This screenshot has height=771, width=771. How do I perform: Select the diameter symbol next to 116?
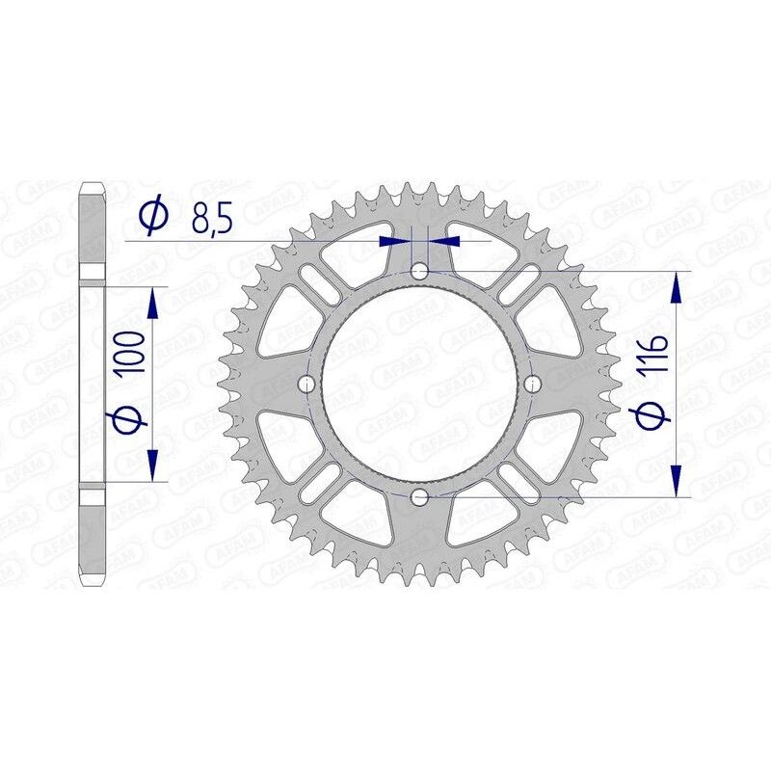click(652, 416)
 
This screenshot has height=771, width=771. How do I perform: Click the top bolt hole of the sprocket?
click(419, 273)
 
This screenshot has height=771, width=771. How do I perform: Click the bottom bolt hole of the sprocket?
click(419, 496)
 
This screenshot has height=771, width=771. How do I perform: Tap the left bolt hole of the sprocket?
click(307, 385)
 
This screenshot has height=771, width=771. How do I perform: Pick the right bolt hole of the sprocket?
click(531, 385)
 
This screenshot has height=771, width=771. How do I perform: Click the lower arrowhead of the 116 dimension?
click(678, 482)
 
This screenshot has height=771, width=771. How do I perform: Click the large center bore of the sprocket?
click(419, 385)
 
